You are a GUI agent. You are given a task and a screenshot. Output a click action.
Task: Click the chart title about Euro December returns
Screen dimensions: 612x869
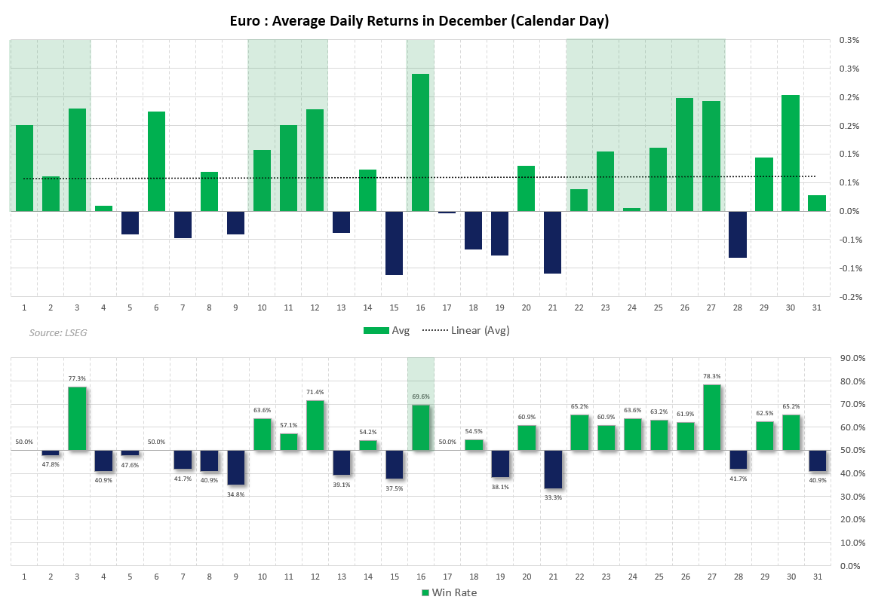419,21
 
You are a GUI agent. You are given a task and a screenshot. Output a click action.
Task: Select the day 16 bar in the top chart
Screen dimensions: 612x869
420,142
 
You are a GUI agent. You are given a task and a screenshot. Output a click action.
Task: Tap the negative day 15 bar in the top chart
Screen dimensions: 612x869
394,243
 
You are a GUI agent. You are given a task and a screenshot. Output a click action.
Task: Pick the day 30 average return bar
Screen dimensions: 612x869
790,153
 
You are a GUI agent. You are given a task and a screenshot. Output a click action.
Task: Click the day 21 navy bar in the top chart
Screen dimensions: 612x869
552,242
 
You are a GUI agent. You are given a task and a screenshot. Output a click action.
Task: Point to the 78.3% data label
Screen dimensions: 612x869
711,377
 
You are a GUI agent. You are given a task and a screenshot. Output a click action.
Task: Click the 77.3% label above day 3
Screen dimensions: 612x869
77,379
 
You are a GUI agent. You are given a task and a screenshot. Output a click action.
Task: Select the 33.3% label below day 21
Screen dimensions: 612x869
552,497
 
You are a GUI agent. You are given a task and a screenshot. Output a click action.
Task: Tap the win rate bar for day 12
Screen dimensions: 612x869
315,426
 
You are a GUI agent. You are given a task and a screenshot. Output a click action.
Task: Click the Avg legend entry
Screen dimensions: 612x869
386,330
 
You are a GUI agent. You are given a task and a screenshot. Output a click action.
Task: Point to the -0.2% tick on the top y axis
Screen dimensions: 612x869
850,297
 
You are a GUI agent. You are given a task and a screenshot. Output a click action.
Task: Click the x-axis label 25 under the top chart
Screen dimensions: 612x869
658,308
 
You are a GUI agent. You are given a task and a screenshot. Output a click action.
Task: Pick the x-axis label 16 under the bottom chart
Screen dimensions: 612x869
420,577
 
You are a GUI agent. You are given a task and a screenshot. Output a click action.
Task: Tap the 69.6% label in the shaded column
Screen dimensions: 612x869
420,396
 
